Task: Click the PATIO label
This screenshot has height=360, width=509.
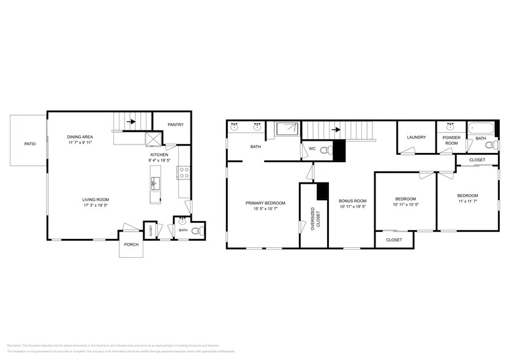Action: (29, 144)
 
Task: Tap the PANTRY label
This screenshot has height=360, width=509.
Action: (176, 125)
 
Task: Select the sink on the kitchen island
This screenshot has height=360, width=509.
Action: (156, 181)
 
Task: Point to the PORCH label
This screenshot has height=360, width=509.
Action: (131, 245)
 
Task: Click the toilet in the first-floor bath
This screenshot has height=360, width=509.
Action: (195, 231)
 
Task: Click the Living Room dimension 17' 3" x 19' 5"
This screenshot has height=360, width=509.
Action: (96, 206)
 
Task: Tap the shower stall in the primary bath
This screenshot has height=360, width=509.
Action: (287, 128)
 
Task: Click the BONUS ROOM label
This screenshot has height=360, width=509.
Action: (352, 201)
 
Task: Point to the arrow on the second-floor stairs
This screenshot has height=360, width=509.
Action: (335, 130)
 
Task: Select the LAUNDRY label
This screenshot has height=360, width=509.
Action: (417, 137)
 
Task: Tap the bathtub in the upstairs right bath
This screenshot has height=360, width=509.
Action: (481, 129)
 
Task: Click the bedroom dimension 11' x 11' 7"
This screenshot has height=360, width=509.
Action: (467, 202)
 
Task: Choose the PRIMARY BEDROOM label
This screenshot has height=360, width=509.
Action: (262, 203)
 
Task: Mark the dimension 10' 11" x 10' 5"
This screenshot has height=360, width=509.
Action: (405, 205)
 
